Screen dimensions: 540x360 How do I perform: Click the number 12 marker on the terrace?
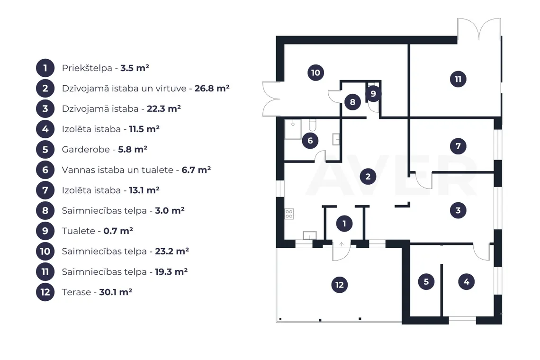coord(339,285)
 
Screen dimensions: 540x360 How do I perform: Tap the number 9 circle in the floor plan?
coord(373,93)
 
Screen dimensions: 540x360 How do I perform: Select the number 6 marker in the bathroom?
coord(310,140)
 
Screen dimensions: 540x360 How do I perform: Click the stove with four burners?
coord(289,214)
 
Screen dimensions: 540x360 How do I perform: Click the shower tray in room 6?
coord(293,129)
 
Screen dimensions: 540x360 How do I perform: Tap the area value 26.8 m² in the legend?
coord(212,88)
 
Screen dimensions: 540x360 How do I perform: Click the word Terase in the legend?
coord(76,292)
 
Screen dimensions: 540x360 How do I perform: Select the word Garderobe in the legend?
coord(86,150)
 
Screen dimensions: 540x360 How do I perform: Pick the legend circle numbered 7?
coord(45,190)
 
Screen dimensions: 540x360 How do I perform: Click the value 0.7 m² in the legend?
coord(118,231)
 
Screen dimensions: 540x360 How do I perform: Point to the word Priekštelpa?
coord(87,68)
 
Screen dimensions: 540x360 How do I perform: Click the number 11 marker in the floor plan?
coord(458,79)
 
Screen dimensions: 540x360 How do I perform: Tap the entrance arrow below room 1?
coord(341,244)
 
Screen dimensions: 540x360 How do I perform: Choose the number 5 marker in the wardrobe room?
coord(426,281)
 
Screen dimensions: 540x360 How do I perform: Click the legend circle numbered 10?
coord(45,251)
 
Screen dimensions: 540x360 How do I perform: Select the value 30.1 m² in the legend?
coord(116,292)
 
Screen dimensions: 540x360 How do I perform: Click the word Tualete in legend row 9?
coord(78,231)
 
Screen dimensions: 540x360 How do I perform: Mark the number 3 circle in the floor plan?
coord(458,210)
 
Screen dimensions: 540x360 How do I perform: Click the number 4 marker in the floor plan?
coord(466,281)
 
